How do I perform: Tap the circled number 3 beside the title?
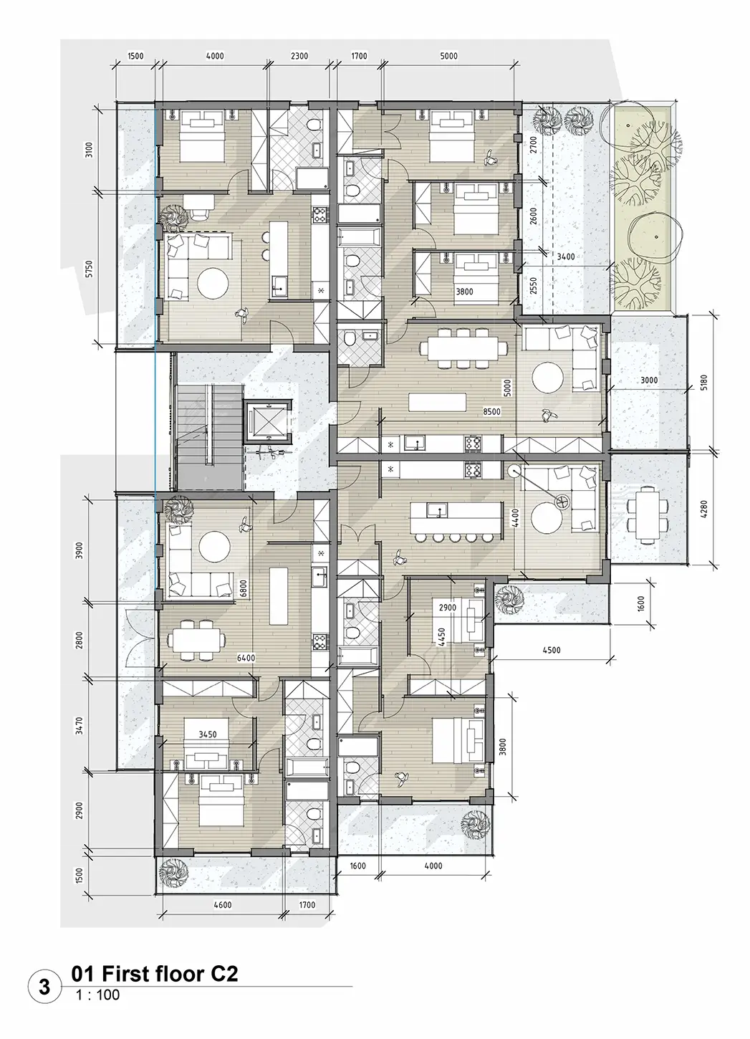coord(44,987)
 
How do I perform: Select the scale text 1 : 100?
coord(98,1004)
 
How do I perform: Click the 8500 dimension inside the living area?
coord(491,411)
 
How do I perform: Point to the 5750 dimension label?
coord(89,269)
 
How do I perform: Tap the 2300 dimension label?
coord(299,56)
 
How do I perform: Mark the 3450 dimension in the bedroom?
coord(207,734)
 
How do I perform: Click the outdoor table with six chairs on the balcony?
coord(648,516)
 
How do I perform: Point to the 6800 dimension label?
coord(244,588)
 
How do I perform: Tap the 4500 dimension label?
coord(551,650)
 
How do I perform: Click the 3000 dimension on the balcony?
coord(649,380)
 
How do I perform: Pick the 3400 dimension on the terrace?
coord(565,257)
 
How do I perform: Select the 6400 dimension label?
coord(246,658)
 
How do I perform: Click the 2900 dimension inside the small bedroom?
coord(447,608)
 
